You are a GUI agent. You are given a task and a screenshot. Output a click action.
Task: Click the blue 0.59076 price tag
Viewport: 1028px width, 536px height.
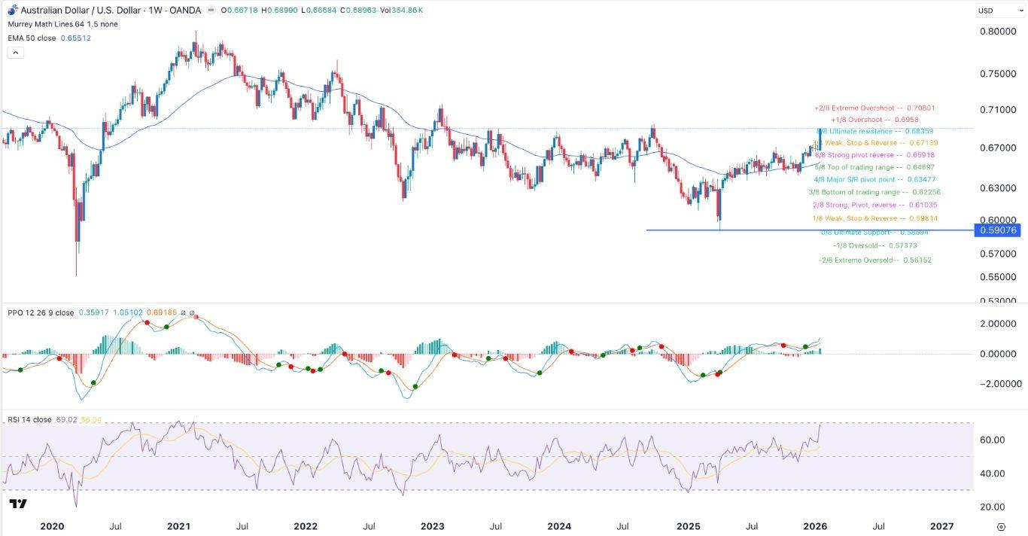(997, 230)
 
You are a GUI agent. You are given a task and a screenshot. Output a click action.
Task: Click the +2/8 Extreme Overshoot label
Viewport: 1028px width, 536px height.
(874, 108)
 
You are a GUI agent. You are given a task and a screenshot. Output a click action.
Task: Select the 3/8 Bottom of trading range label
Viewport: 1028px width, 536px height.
(874, 192)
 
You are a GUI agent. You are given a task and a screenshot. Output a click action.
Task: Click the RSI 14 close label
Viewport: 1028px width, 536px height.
(30, 419)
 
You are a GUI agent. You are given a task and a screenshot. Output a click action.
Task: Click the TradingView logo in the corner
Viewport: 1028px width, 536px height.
(19, 504)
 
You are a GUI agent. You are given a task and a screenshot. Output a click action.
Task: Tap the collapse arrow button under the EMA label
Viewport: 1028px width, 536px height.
(16, 53)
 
